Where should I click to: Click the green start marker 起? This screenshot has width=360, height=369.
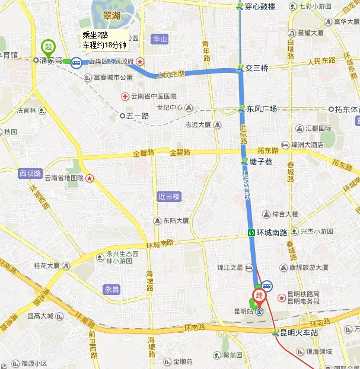pos(48,46)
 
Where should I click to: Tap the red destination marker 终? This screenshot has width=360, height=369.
pos(259,295)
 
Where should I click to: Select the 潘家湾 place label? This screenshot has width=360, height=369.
pos(50,60)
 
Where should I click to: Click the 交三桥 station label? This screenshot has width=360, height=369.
pos(257,68)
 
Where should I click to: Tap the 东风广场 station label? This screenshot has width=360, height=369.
pos(262,109)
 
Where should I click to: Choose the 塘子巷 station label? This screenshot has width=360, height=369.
pos(260,162)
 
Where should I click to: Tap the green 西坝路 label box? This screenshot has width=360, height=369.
pos(30,174)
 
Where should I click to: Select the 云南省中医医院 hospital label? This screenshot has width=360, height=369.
pos(153,97)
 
